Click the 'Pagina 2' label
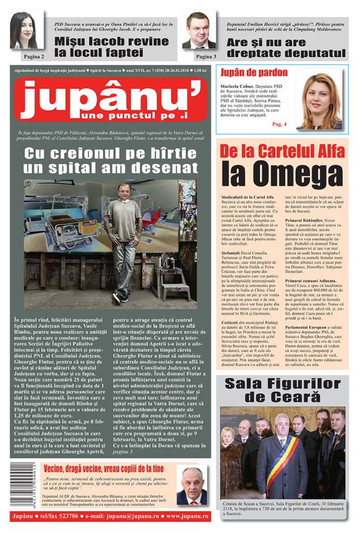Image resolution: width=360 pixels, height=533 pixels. click(x=32, y=56)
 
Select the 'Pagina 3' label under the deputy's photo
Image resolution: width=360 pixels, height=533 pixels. click(x=206, y=56)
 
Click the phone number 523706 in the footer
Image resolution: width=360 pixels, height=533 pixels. click(x=64, y=516)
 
